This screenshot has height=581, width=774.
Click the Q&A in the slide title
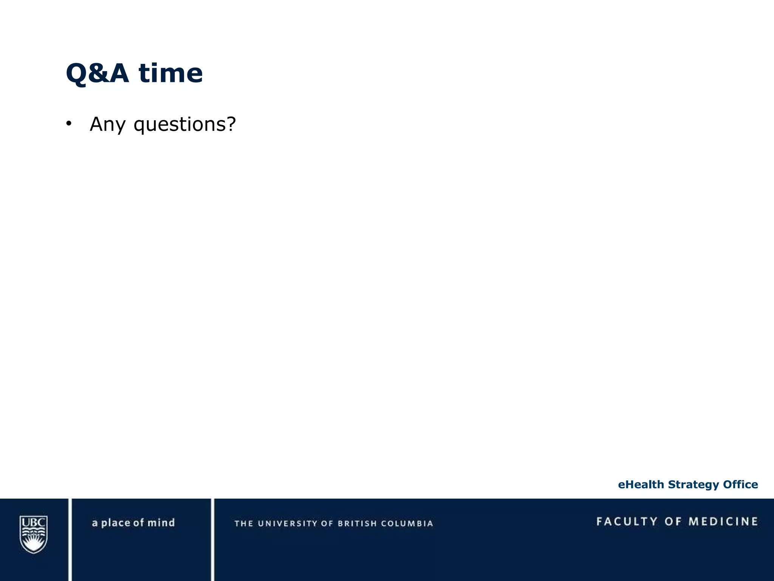(x=97, y=73)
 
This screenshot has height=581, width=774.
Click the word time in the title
(x=171, y=73)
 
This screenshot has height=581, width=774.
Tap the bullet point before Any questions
(x=68, y=124)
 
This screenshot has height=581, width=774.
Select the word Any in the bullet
(x=107, y=124)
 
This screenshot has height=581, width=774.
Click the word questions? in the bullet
(x=185, y=124)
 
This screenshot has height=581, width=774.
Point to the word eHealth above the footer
(x=641, y=485)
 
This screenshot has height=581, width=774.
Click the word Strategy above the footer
(x=694, y=485)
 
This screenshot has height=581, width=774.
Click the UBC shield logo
(x=34, y=534)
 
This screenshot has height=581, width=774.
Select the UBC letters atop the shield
(x=34, y=523)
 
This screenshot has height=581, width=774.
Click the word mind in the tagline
(x=161, y=523)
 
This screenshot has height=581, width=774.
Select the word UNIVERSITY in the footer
(x=288, y=524)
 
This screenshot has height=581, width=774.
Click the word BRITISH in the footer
(x=357, y=524)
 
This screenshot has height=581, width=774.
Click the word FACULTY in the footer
(x=627, y=522)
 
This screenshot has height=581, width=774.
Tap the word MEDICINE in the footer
(x=723, y=522)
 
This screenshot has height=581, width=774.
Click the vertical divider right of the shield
(x=70, y=539)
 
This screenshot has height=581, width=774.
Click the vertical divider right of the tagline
(x=212, y=539)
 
